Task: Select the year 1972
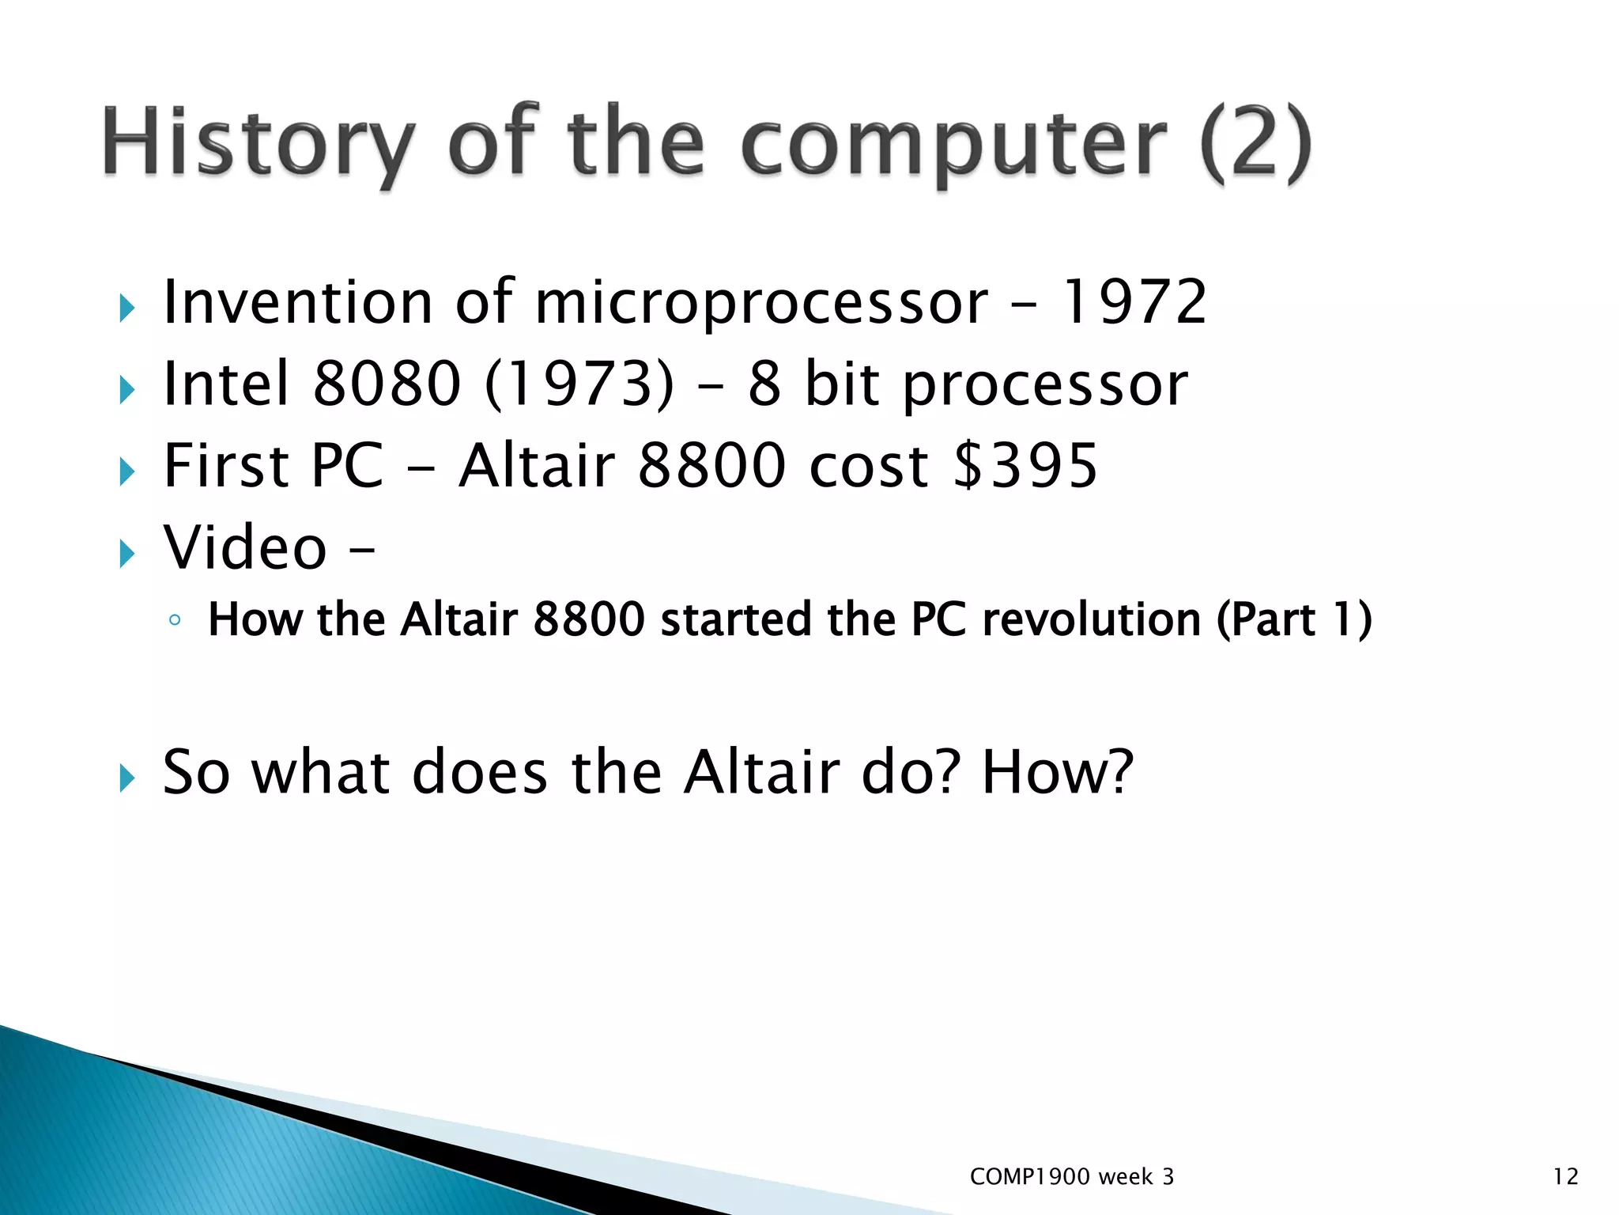(1132, 302)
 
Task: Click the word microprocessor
(760, 304)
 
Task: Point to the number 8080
(387, 384)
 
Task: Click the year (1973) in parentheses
(579, 384)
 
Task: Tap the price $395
(1026, 466)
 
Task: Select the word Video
(245, 547)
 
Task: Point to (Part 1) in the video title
(1293, 619)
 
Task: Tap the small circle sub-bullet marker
(175, 620)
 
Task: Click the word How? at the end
(1057, 772)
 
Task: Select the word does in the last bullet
(480, 772)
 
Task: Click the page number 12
(1565, 1177)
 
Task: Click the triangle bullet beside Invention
(127, 308)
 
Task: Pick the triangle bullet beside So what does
(127, 778)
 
